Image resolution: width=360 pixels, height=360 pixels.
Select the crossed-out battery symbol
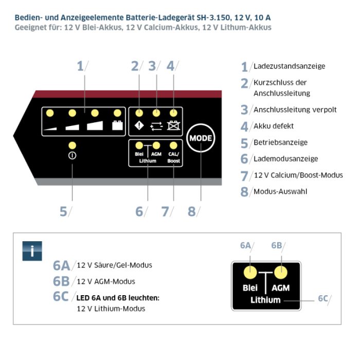(173, 124)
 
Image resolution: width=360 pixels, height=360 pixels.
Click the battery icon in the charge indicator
(117, 124)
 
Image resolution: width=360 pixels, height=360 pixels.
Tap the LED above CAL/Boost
(174, 146)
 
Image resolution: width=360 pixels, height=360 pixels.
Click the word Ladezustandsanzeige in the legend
(290, 66)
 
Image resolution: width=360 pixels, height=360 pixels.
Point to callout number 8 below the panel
(192, 211)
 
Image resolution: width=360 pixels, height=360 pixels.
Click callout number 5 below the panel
(63, 211)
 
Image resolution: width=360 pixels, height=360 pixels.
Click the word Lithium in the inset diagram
(265, 300)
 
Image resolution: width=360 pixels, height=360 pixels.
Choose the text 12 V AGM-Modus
(105, 281)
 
